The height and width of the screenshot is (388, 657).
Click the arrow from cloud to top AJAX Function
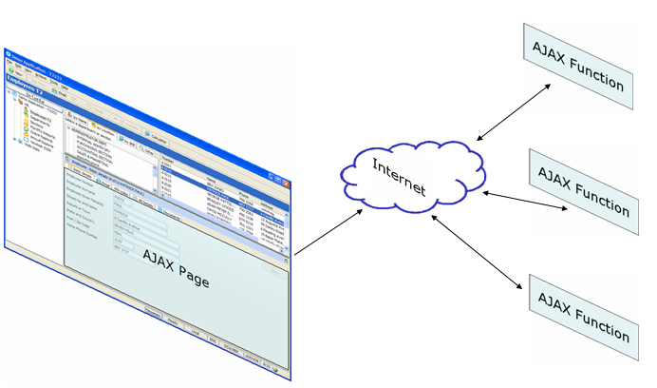(512, 110)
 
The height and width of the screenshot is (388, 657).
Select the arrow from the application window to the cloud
(328, 233)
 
